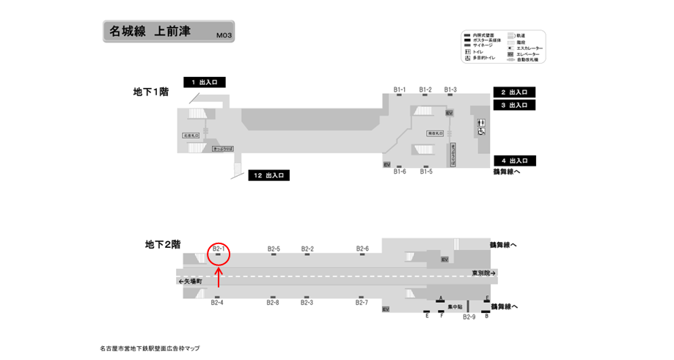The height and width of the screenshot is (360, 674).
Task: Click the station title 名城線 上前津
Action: coord(150,32)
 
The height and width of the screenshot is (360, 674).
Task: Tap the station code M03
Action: coord(224,34)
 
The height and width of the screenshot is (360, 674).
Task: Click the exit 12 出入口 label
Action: coord(270,175)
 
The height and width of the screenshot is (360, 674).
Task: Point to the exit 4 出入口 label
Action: coord(514,161)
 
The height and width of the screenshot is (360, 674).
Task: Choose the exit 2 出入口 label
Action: coord(514,92)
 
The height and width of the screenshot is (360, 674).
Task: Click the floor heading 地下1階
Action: coord(151,92)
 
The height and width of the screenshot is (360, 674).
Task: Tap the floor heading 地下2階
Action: coord(163,245)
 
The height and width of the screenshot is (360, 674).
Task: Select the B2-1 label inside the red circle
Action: coord(219,249)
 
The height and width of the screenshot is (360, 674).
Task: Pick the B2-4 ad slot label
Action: coord(217,303)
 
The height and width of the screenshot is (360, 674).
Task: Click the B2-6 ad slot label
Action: coord(362,249)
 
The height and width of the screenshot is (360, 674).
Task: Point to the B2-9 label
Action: coord(469,317)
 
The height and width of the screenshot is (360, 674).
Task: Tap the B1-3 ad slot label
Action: coord(450,89)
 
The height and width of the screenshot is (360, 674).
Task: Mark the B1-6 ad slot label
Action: coord(400,172)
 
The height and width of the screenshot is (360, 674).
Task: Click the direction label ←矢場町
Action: coord(191,281)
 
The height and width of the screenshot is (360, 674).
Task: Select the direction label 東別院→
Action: coord(485,273)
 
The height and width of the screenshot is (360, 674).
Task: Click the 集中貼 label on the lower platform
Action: coord(455,306)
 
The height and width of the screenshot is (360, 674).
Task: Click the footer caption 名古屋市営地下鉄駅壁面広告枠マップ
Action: coord(150,348)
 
